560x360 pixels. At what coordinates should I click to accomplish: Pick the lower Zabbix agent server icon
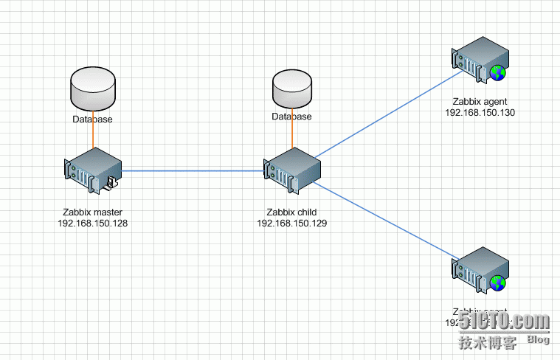pos(480,271)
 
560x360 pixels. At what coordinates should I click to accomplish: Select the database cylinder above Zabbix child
pos(291,89)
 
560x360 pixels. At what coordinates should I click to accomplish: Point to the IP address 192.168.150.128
pos(92,223)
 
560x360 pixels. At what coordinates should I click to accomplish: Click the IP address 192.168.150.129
pos(291,223)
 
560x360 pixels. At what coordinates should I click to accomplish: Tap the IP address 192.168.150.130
pos(480,113)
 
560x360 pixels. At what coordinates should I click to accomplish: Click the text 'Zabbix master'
pos(92,212)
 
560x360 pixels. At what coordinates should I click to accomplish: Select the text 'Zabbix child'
pos(291,212)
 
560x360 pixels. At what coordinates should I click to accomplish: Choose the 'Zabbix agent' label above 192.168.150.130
pos(480,102)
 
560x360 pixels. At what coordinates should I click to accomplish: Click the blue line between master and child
pos(192,171)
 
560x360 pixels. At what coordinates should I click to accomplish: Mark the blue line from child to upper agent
pos(384,114)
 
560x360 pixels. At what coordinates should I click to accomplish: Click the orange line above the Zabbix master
pos(93,134)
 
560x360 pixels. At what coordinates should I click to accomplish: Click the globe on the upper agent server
pos(499,72)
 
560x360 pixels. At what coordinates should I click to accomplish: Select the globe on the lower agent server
pos(499,283)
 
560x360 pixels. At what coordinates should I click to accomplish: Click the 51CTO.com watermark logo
pos(505,322)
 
